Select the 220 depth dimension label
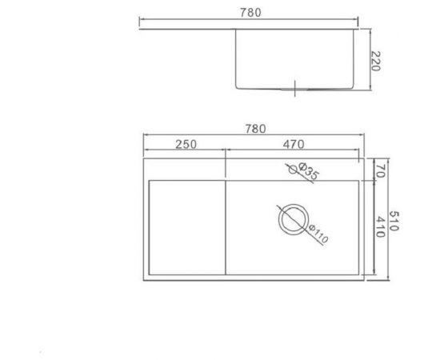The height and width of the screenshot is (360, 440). [376, 59]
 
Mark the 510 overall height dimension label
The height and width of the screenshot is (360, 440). [393, 219]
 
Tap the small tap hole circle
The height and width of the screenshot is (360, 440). [291, 168]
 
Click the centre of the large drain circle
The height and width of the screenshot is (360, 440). [293, 218]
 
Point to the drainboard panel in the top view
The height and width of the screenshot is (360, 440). [186, 228]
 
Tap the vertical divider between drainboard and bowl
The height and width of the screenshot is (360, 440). [226, 228]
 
